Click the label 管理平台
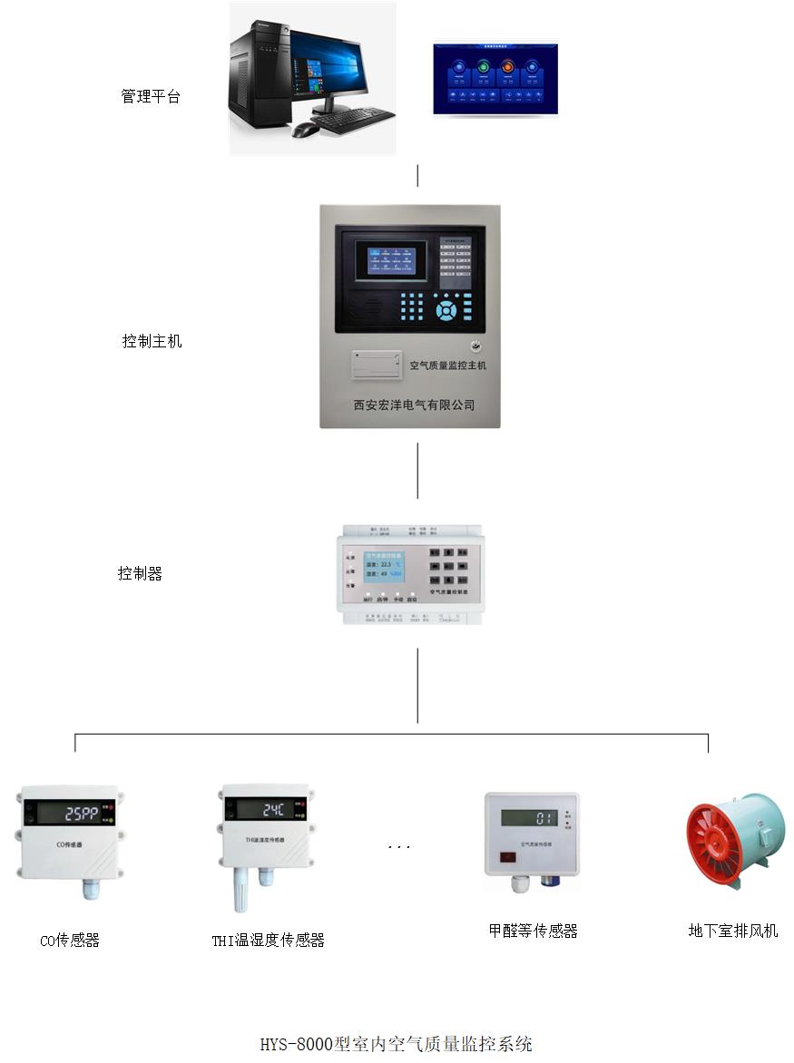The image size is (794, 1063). tap(151, 96)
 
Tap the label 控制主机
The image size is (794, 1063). tap(152, 341)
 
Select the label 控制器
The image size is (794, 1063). tap(140, 573)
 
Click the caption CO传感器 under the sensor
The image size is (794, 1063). tap(70, 941)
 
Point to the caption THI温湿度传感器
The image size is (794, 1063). tap(268, 941)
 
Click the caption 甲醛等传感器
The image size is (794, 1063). tap(533, 931)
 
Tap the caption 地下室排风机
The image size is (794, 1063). tap(732, 931)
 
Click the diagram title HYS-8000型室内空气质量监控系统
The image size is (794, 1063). tap(396, 1043)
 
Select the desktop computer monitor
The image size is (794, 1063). tap(328, 65)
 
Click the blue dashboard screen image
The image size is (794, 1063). tap(495, 79)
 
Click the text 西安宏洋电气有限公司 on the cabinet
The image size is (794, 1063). tap(414, 405)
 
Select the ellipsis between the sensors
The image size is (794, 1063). tap(398, 846)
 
